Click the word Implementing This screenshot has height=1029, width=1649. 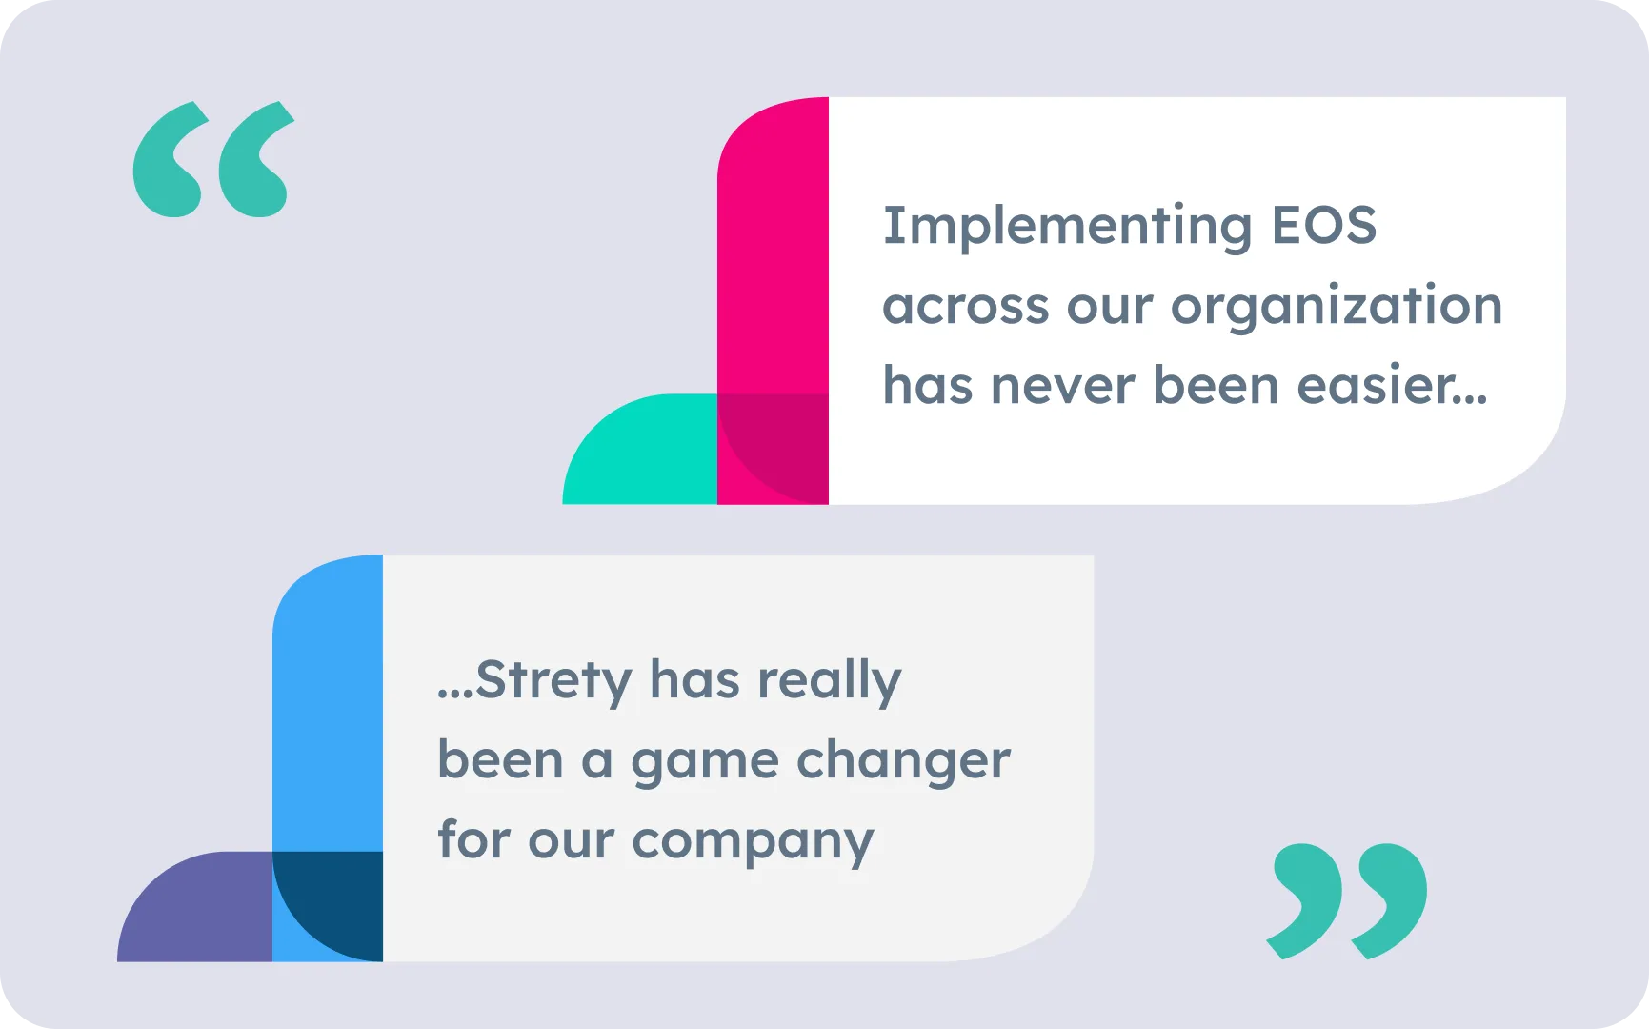pos(1067,228)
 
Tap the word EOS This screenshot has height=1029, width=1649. pos(1324,225)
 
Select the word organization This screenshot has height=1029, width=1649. pos(1337,308)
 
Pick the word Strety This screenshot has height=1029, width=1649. pos(553,682)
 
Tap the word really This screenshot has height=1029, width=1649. pos(829,682)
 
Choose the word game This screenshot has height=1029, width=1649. pos(705,763)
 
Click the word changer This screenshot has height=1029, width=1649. pos(903,761)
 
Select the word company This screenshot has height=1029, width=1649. pos(753,842)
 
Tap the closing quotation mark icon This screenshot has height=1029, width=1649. pos(1347,900)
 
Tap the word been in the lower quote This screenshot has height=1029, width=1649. pos(500,761)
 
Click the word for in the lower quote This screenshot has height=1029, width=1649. pos(473,839)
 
